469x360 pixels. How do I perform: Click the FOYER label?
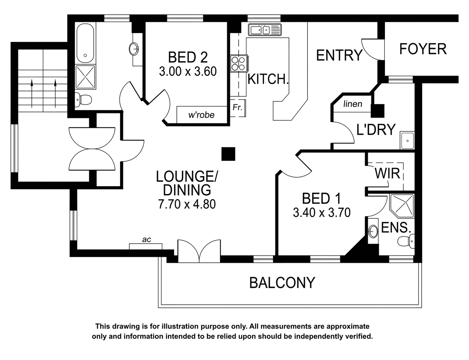[x=423, y=49]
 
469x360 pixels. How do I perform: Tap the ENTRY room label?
[x=339, y=55]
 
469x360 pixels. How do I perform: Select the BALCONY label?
[x=282, y=283]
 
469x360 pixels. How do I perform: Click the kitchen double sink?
[x=265, y=30]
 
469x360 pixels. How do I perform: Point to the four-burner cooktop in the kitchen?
[x=239, y=63]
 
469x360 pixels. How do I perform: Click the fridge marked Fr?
[x=238, y=108]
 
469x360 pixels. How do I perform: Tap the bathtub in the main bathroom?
[x=85, y=43]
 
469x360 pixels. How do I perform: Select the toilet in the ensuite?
[x=407, y=241]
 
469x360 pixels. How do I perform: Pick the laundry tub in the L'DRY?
[x=407, y=141]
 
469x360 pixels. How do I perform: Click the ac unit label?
[x=146, y=240]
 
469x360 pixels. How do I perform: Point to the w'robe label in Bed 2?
[x=201, y=115]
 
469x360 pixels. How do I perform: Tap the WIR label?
[x=387, y=174]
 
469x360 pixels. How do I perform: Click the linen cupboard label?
[x=353, y=104]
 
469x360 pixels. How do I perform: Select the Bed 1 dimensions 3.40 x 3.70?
[x=322, y=212]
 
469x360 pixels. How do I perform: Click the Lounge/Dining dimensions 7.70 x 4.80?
[x=187, y=204]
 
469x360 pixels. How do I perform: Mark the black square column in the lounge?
[x=228, y=154]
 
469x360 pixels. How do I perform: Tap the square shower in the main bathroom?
[x=85, y=77]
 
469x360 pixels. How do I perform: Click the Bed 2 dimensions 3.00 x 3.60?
[x=188, y=71]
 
